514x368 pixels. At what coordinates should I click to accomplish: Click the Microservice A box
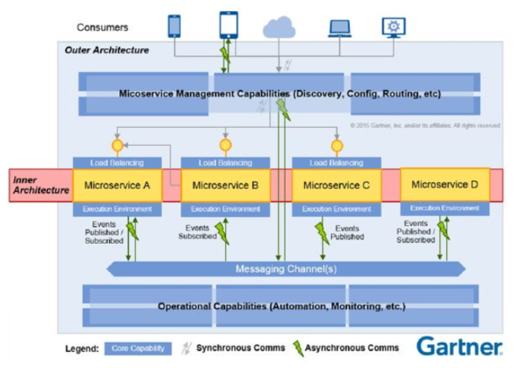tap(117, 185)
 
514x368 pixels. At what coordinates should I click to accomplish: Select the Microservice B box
tap(225, 185)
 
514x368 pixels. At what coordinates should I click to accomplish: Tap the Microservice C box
tap(336, 185)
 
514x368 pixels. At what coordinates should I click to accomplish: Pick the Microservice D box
tap(445, 184)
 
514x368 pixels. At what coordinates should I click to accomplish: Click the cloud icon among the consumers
tap(279, 28)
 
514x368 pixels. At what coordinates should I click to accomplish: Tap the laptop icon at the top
tap(339, 28)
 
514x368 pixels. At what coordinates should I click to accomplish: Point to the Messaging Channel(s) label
tap(286, 269)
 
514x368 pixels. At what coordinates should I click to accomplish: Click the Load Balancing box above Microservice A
tap(117, 163)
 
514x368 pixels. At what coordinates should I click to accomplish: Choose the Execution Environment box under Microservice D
tap(445, 208)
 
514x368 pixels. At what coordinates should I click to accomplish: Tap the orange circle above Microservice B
tap(225, 145)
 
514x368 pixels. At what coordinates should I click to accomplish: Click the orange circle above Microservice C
tap(336, 146)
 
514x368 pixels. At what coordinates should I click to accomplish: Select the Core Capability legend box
tap(138, 348)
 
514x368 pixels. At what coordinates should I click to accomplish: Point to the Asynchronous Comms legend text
tap(352, 348)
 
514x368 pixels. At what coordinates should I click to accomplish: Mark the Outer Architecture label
tap(107, 50)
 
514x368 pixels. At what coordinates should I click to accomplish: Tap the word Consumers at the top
tap(103, 27)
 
